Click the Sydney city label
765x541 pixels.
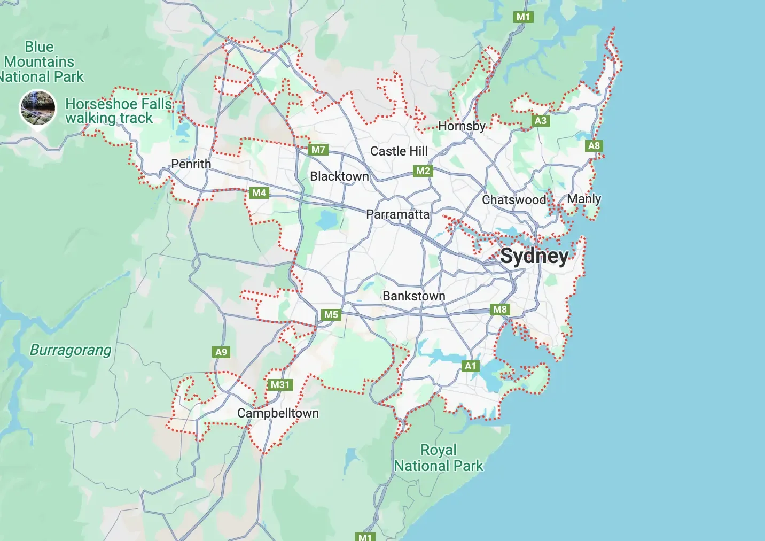coord(534,257)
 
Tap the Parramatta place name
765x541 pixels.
coord(397,214)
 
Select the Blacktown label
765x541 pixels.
coord(339,176)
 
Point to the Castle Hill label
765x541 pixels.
coord(399,151)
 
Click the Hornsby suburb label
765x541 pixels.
coord(462,126)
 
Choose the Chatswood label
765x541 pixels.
coord(514,200)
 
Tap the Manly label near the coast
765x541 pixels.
coord(584,199)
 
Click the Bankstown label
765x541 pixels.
coord(413,296)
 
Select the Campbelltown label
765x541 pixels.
coord(278,413)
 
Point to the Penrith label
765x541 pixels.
coord(191,164)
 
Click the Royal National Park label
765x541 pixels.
coord(438,458)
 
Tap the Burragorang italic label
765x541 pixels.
coord(71,350)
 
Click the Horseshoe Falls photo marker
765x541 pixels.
coord(37,107)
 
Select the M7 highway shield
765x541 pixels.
coord(318,150)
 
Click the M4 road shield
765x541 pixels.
coord(259,193)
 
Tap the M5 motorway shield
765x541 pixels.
coord(331,315)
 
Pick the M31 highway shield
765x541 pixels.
coord(280,385)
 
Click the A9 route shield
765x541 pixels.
coord(221,352)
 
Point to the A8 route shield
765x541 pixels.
coord(594,146)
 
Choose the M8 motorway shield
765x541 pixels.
coord(500,310)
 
